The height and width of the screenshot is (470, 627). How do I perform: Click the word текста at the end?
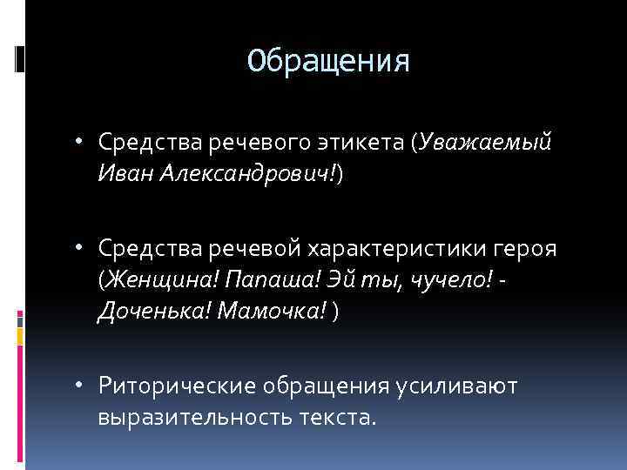click(336, 418)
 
